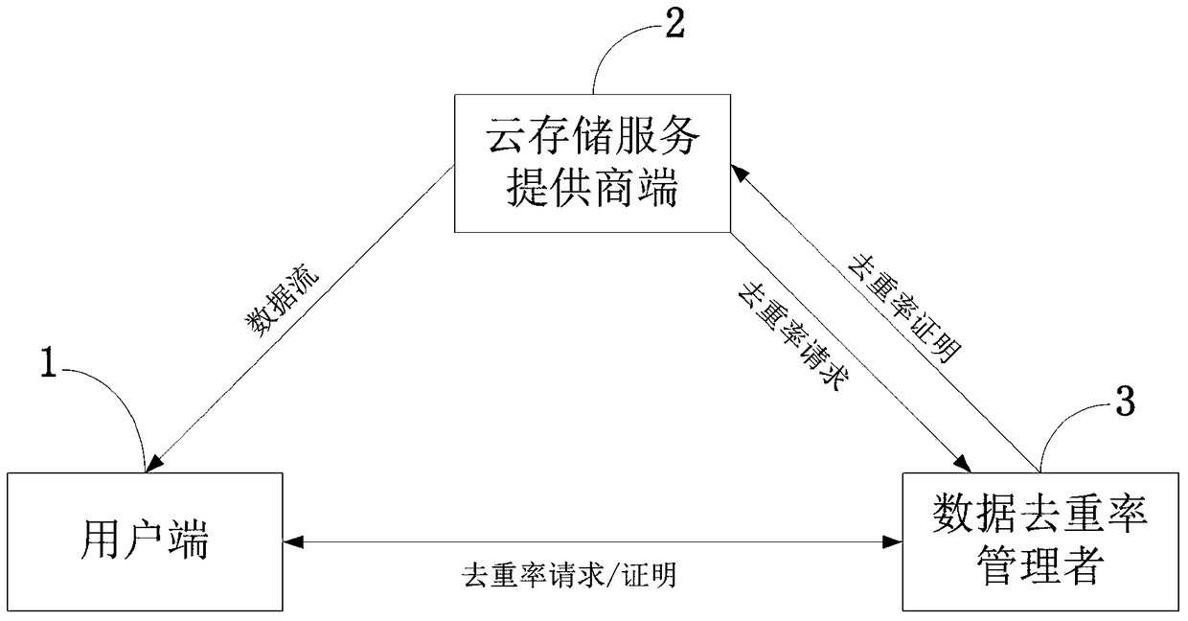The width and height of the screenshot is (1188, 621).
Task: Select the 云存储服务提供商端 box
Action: (590, 164)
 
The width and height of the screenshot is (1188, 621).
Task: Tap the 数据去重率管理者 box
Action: (1040, 541)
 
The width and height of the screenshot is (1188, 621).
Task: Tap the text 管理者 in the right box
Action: (1040, 567)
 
